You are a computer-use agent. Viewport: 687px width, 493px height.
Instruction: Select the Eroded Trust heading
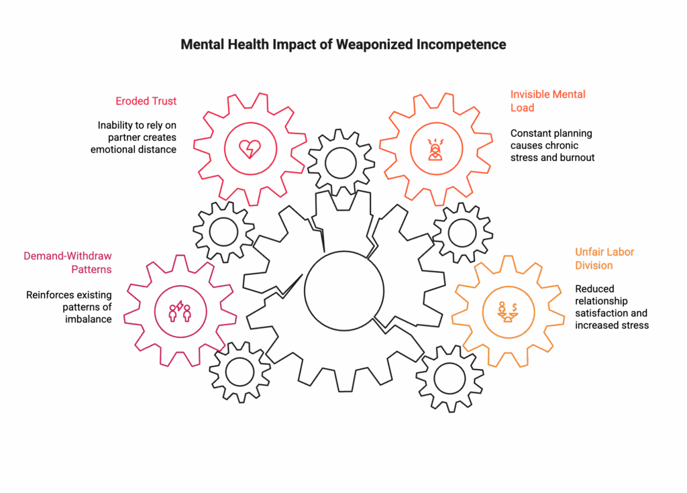tap(146, 101)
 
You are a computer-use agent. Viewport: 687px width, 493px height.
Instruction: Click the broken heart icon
tap(248, 148)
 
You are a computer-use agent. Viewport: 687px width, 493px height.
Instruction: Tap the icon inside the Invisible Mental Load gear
tap(434, 149)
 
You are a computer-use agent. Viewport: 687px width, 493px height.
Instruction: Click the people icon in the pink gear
tap(180, 311)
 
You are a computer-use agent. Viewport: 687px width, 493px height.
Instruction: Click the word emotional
tap(112, 150)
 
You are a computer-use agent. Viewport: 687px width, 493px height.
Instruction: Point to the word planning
tap(570, 133)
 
